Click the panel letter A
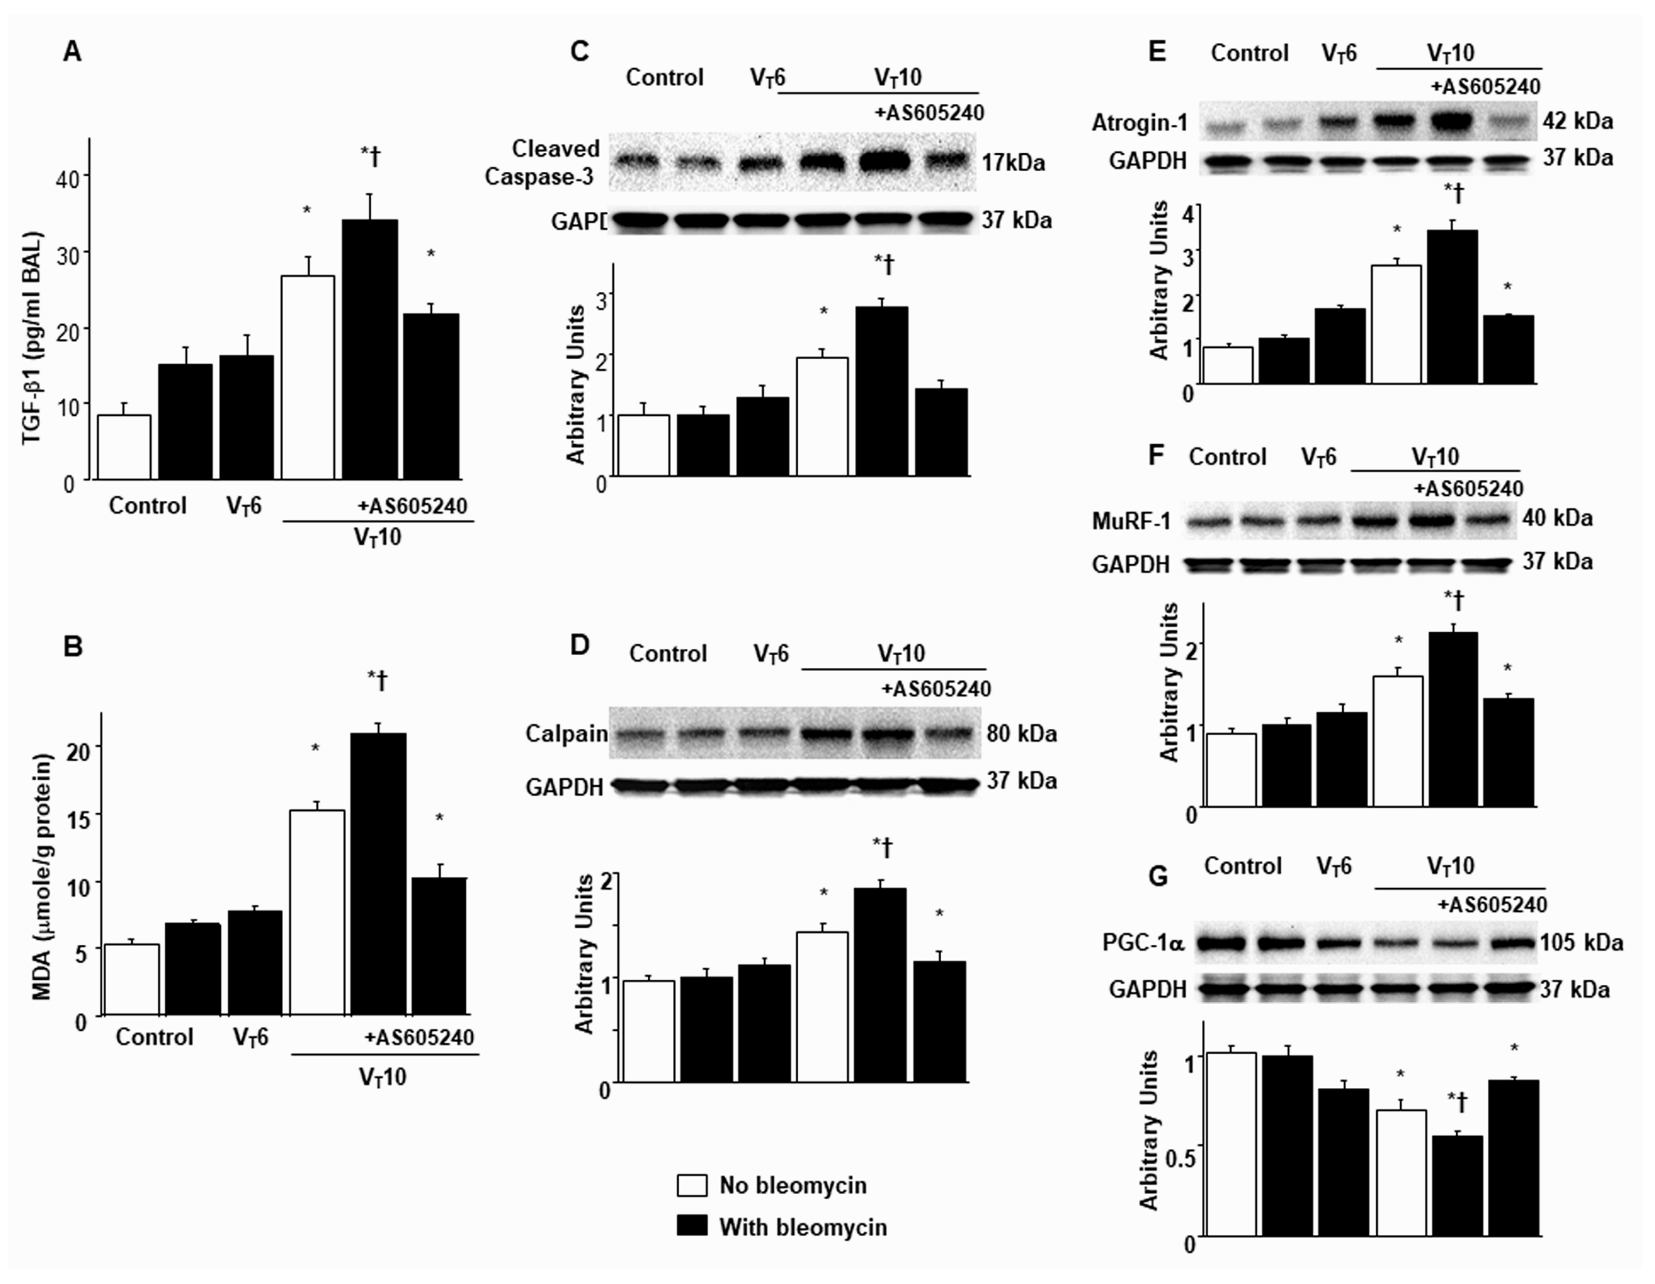coord(72,52)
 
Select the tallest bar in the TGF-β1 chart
coord(370,349)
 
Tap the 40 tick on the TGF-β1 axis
coord(68,180)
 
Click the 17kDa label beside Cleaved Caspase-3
coord(1013,162)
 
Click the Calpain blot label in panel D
coord(567,734)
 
